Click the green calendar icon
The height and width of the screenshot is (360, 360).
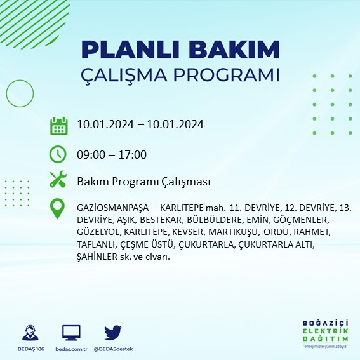(x=58, y=125)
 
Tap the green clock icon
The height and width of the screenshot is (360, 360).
(x=58, y=154)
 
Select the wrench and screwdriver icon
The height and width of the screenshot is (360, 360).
(x=58, y=180)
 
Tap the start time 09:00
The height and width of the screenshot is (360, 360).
(x=91, y=155)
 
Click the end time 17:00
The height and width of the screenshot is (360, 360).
(x=133, y=155)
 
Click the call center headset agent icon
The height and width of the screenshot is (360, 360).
(x=29, y=333)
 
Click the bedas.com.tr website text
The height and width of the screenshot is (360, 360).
(x=71, y=349)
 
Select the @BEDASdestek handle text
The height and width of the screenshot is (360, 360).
(x=113, y=349)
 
